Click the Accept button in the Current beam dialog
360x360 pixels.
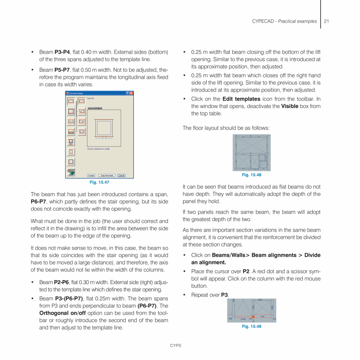pos(91,175)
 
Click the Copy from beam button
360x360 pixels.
pos(106,175)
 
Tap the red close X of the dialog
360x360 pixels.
pos(131,93)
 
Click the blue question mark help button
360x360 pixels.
pos(127,93)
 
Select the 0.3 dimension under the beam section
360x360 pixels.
pos(104,138)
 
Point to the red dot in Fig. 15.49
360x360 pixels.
pos(254,317)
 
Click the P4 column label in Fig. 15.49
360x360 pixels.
pos(274,319)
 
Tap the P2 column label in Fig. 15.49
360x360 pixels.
pos(230,319)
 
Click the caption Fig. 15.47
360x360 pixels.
pos(99,182)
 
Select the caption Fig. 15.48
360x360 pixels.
pos(252,175)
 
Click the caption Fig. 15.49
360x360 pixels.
pos(252,326)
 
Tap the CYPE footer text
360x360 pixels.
pos(175,346)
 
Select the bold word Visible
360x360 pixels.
pos(290,106)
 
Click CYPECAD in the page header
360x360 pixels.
pos(264,21)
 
